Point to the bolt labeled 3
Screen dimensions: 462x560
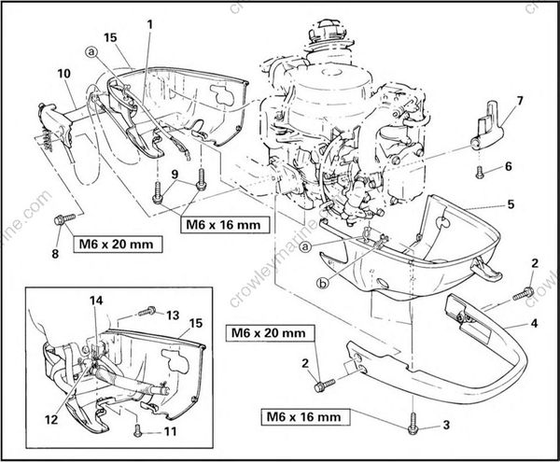(x=412, y=427)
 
